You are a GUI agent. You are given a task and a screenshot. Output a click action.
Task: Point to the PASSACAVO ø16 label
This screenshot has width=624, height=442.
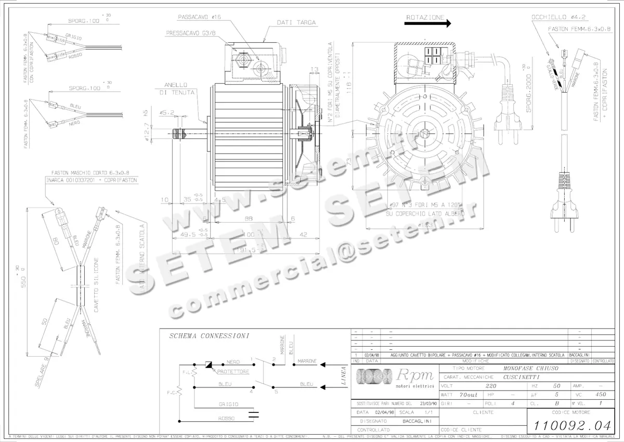(200, 17)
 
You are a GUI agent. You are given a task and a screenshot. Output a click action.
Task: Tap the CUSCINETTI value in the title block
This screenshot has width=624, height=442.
(522, 377)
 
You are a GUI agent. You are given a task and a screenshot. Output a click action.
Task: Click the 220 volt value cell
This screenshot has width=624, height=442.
(490, 386)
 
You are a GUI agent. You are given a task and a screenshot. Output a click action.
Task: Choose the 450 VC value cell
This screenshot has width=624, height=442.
(601, 395)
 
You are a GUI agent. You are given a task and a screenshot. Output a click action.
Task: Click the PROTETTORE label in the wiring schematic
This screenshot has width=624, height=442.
(233, 372)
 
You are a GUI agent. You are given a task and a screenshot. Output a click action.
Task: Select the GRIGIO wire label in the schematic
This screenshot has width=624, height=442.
(229, 404)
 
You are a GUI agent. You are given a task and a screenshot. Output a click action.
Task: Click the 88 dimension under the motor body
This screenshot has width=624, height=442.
(249, 219)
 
